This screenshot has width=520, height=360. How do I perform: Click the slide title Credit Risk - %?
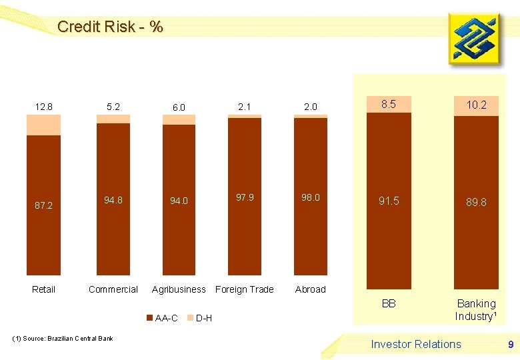pos(109,27)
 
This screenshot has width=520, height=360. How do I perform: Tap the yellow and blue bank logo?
pos(473,39)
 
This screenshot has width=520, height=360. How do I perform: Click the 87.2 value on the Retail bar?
pos(44,205)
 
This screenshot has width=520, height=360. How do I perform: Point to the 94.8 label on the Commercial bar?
pos(113,199)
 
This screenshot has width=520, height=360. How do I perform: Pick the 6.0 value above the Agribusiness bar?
pos(179,107)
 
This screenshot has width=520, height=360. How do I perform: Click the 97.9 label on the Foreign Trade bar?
pos(245,197)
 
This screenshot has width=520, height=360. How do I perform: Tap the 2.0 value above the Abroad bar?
pos(311,107)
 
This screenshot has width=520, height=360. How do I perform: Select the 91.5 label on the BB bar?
pos(389,201)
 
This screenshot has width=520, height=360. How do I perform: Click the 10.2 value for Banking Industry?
pos(476,105)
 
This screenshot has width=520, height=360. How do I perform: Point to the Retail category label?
pos(44,289)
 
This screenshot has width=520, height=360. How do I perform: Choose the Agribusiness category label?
pos(179,289)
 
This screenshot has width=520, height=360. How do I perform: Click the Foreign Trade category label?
pos(245,289)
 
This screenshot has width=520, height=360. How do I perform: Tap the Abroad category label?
pos(311,289)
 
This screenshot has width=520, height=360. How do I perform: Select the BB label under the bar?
pos(389,303)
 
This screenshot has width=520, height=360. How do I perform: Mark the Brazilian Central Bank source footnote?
pos(63,339)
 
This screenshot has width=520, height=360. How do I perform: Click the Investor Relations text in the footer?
pos(416,344)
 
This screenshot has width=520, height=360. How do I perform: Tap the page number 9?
pos(511,345)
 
